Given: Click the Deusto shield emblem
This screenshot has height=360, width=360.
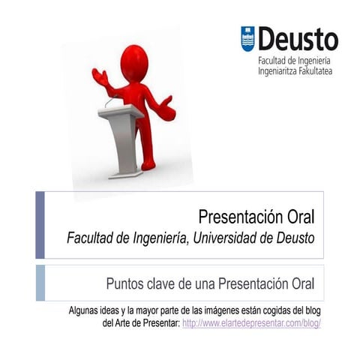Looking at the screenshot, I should pyautogui.click(x=247, y=38).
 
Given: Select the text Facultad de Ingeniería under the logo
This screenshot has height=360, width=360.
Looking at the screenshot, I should pyautogui.click(x=294, y=61).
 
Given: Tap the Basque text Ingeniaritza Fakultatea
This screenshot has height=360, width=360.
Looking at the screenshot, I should pyautogui.click(x=295, y=71).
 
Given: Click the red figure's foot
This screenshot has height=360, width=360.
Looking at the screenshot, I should pyautogui.click(x=148, y=163).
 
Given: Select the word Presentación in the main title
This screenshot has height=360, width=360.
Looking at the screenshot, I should pyautogui.click(x=242, y=217).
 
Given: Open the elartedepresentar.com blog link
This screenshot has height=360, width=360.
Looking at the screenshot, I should pyautogui.click(x=251, y=323).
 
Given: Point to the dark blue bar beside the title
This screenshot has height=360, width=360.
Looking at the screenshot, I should pyautogui.click(x=40, y=225).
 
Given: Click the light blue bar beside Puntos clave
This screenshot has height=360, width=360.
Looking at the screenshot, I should pyautogui.click(x=40, y=283).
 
